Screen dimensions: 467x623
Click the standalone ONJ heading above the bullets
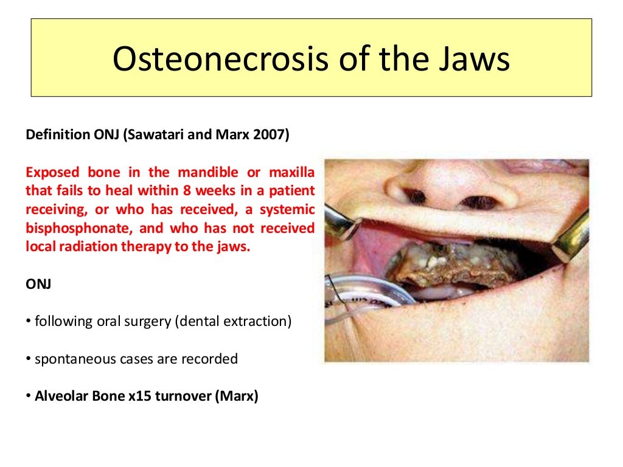click(38, 284)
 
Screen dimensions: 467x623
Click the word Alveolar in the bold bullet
click(60, 396)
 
